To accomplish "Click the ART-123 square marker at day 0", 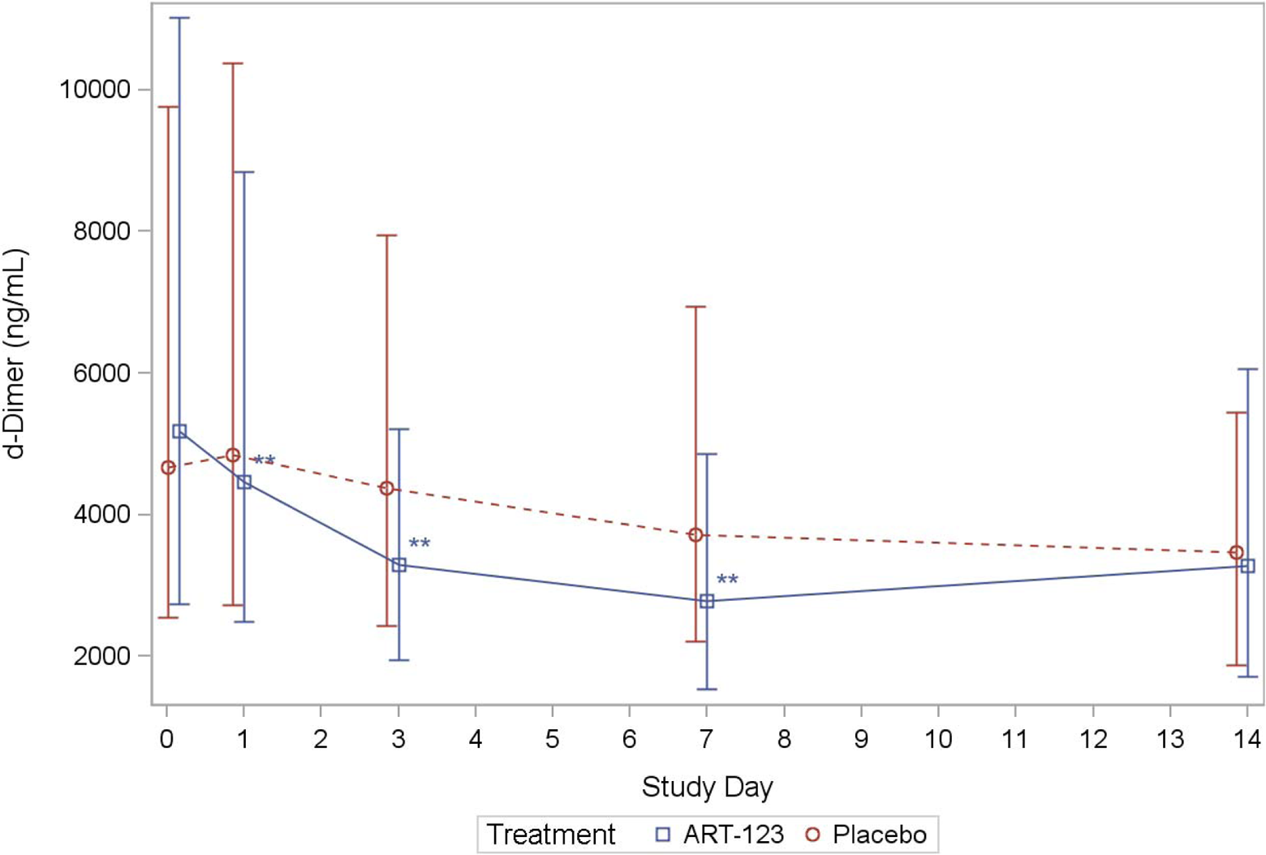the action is point(179,431).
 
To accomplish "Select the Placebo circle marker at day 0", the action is point(168,468).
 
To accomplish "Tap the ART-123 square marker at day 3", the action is point(399,565).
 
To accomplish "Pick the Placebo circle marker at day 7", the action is point(695,535).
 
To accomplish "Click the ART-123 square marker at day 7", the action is point(707,601).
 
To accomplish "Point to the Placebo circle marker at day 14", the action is point(1236,552).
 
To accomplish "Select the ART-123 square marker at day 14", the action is point(1247,566).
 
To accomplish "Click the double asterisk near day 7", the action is point(727,580).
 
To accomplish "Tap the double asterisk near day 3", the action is point(420,543).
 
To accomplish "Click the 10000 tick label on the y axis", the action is point(95,89).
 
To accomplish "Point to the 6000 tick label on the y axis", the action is point(102,373).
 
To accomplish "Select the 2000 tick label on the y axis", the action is point(102,656).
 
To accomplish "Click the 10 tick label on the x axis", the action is point(938,739).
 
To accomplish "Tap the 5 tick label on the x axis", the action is point(552,739).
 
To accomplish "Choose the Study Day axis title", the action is point(707,787).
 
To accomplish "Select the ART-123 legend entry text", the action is point(734,834).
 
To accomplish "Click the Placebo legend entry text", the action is point(880,834).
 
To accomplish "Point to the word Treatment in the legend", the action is point(551,834).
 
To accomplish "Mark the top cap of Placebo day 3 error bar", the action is point(386,235).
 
